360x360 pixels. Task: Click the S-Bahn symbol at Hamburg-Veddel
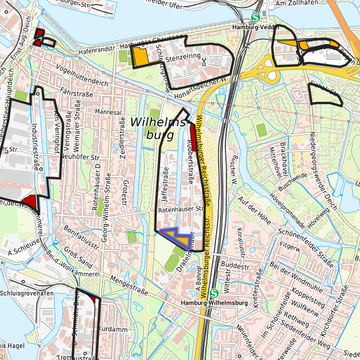pyautogui.click(x=256, y=19)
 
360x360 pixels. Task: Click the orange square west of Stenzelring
pyautogui.click(x=141, y=57)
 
